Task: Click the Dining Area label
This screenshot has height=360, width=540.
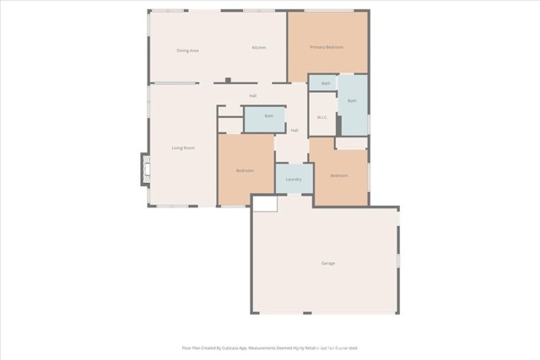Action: [x=187, y=51]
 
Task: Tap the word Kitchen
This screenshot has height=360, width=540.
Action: [x=259, y=48]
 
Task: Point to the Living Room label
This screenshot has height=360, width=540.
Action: [x=183, y=148]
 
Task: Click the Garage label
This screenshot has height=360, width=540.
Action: [x=327, y=263]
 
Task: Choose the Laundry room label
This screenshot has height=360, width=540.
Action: [x=294, y=180]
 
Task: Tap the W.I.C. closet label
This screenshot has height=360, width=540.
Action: [x=321, y=117]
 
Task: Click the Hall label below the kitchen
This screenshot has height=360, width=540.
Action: [x=252, y=96]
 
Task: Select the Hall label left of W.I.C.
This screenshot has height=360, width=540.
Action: [x=294, y=131]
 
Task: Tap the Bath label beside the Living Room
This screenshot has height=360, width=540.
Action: [x=268, y=116]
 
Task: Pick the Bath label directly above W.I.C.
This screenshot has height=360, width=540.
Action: [x=326, y=83]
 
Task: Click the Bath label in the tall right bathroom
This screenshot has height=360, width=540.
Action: [x=352, y=101]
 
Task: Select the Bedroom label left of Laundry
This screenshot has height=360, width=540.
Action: [x=245, y=171]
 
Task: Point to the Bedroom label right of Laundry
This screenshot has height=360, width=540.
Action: [x=339, y=175]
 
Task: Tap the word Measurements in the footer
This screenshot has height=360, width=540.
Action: [x=267, y=347]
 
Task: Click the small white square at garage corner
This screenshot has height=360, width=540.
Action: [x=264, y=203]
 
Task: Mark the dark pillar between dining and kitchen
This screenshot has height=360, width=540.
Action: [x=228, y=80]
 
